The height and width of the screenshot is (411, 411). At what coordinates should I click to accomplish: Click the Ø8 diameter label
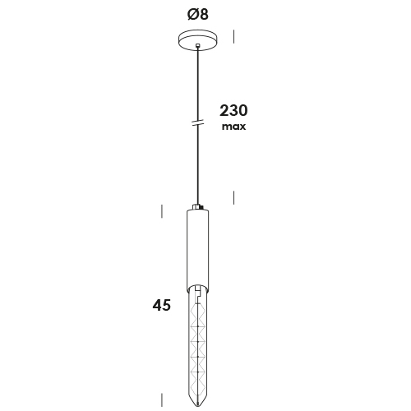pos(198,14)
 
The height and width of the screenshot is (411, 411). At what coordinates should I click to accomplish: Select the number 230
pos(233,111)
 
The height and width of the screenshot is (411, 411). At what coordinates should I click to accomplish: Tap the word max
pos(233,127)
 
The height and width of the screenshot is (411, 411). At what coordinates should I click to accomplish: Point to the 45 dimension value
pos(162,305)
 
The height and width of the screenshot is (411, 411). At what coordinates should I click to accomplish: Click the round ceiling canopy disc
pos(198,40)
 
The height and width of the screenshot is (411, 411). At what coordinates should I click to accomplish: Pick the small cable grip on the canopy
pos(198,45)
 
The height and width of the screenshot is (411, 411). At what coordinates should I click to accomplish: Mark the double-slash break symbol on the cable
pos(198,122)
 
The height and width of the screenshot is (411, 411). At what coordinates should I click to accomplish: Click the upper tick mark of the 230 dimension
pos(233,36)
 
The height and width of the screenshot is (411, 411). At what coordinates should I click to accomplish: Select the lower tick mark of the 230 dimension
pos(233,197)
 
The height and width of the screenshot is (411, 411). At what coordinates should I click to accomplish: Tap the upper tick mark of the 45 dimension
pos(162,211)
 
